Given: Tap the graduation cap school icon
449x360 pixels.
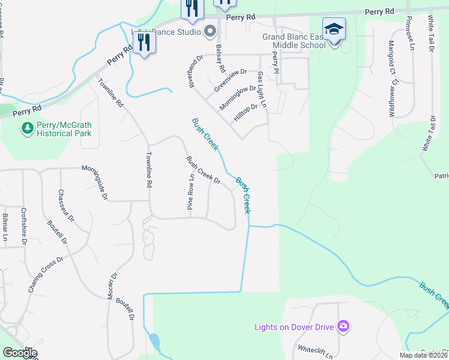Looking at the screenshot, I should [334, 28].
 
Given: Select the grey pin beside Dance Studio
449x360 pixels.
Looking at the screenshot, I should [210, 31].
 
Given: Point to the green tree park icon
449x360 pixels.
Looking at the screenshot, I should [27, 127].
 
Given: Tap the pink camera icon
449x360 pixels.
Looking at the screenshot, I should [343, 326].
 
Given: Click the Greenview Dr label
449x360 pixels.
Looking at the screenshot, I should [231, 80].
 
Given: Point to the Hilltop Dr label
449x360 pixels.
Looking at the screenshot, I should [246, 112].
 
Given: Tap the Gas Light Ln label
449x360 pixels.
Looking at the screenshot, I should [261, 90].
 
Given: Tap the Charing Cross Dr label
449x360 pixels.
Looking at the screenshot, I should [46, 275].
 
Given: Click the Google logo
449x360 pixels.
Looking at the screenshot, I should [20, 353].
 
